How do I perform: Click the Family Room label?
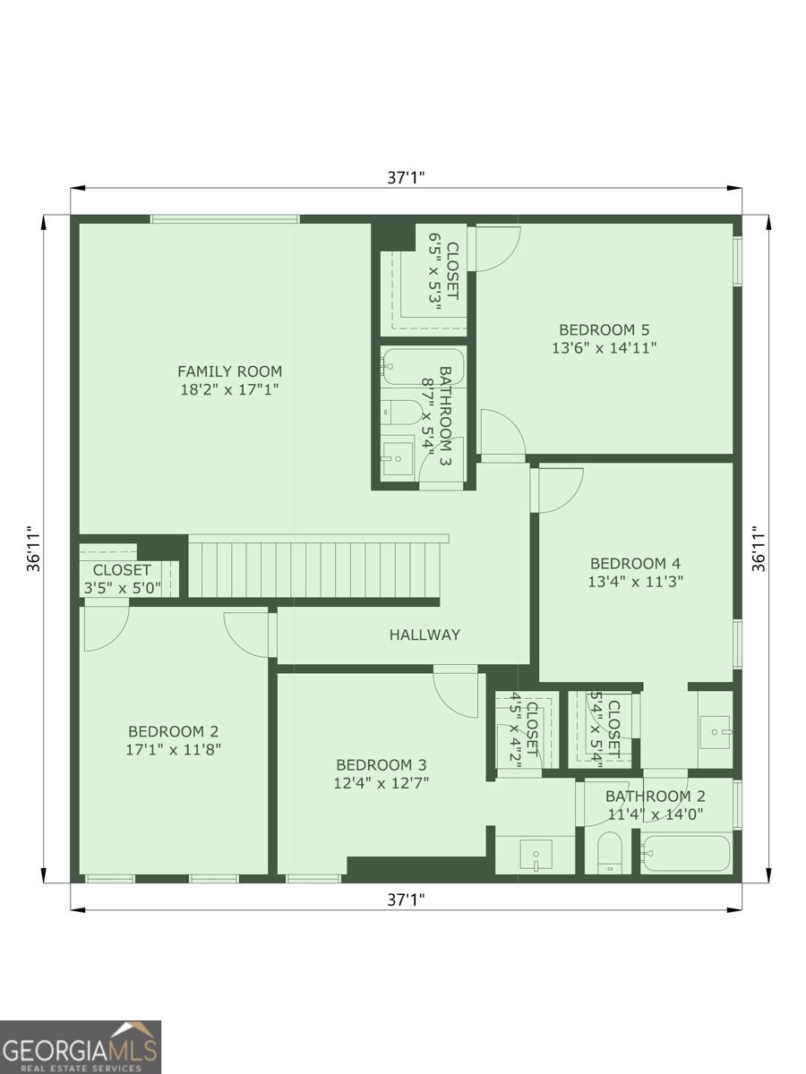click(229, 371)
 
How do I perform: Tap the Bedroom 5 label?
click(604, 329)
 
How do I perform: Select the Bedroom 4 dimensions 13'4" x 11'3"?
click(635, 582)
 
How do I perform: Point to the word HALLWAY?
click(424, 635)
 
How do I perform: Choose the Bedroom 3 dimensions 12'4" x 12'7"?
click(382, 783)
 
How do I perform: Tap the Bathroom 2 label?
click(655, 796)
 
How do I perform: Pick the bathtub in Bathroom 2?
click(686, 853)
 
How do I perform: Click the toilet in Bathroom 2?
click(609, 853)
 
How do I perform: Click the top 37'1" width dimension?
click(406, 177)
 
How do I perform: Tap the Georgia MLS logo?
click(81, 1047)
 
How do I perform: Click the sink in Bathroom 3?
click(393, 457)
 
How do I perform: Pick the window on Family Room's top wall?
click(224, 218)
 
